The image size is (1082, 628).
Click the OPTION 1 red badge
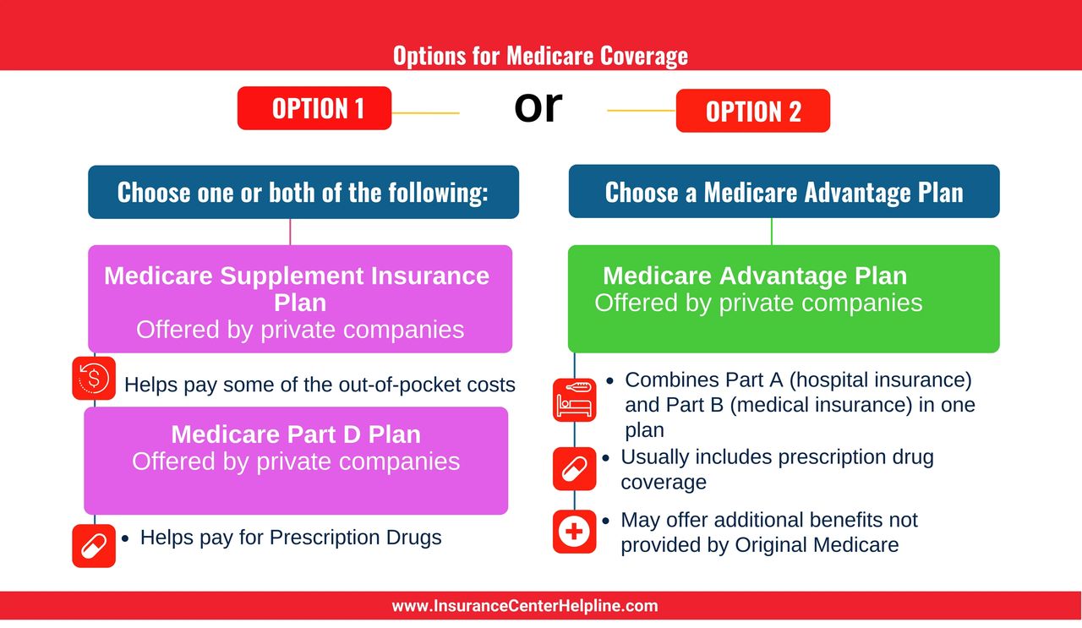click(314, 107)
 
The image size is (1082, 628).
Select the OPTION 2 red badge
click(753, 111)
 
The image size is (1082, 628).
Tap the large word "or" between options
click(538, 106)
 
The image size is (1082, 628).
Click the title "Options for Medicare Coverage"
click(540, 56)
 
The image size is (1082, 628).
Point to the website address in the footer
click(525, 606)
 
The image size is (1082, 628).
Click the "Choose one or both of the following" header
click(303, 192)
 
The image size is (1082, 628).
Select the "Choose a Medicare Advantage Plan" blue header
click(784, 191)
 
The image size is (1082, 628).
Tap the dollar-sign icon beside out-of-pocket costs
click(94, 379)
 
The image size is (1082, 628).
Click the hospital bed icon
click(574, 400)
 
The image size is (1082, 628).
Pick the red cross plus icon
click(574, 532)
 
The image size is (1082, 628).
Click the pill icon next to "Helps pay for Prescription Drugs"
click(94, 546)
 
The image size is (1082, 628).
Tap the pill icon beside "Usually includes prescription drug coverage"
click(574, 468)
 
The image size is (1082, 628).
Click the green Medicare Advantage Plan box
click(784, 298)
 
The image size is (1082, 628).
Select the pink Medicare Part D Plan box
click(296, 461)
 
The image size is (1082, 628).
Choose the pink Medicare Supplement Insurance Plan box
click(300, 298)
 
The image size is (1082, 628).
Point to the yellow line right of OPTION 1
click(425, 113)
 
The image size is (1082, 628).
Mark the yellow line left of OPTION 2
click(642, 111)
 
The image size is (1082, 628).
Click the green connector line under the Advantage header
click(772, 232)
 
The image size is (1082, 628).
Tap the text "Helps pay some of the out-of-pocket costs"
click(320, 385)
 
